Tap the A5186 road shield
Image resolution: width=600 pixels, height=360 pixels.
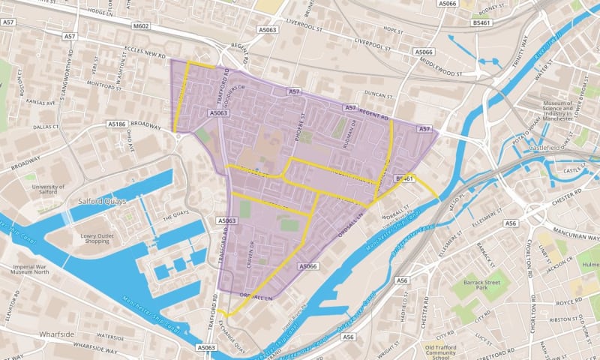116,124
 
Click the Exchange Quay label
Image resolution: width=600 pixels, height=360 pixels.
235,334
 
